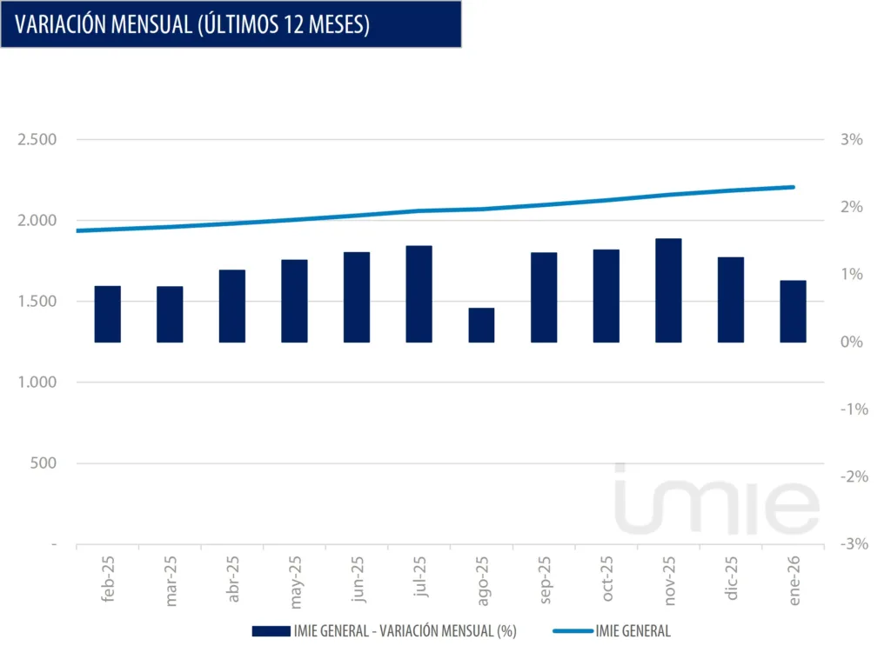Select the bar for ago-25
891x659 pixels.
(x=481, y=325)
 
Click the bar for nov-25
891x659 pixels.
(x=668, y=290)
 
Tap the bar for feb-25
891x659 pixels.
(x=107, y=314)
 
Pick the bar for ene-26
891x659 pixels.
(x=793, y=311)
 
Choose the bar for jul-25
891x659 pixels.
(x=419, y=294)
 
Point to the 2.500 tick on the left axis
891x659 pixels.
(x=37, y=140)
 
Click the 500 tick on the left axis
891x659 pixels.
(x=43, y=463)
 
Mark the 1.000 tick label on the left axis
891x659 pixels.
(x=37, y=383)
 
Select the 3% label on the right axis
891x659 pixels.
(x=852, y=140)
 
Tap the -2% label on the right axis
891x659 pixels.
(x=850, y=476)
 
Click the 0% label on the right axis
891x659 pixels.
(x=852, y=342)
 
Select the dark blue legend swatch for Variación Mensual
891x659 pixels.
(x=271, y=632)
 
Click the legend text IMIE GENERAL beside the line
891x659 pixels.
(x=633, y=632)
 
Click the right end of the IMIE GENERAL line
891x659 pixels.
(x=794, y=187)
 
